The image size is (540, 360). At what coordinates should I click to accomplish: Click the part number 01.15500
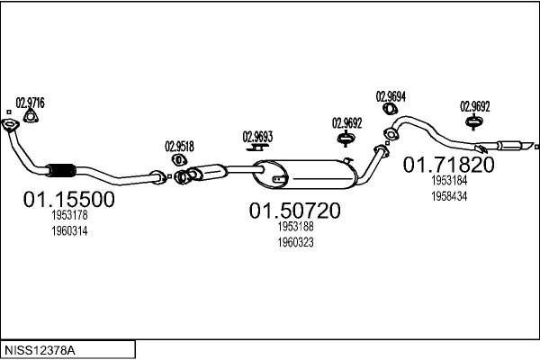tap(68, 199)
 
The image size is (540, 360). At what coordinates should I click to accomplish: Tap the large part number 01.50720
tap(295, 211)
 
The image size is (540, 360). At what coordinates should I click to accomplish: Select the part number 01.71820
tap(448, 165)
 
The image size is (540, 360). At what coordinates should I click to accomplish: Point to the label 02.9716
tap(30, 102)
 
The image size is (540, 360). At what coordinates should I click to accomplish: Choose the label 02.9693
tap(257, 137)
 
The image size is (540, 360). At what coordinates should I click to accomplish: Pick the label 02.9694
tap(391, 96)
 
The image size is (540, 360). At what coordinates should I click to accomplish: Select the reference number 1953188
tap(295, 229)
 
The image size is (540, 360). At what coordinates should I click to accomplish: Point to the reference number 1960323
tap(295, 242)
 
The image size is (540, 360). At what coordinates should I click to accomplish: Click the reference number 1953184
tap(448, 182)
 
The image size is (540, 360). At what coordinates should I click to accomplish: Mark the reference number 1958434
tap(448, 195)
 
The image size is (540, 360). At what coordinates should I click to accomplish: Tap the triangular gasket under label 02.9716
tap(30, 115)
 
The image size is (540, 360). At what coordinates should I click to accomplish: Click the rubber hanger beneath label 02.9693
tap(256, 152)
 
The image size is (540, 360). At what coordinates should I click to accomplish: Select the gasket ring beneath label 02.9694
tap(391, 110)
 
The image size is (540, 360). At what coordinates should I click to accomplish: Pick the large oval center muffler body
tap(301, 175)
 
